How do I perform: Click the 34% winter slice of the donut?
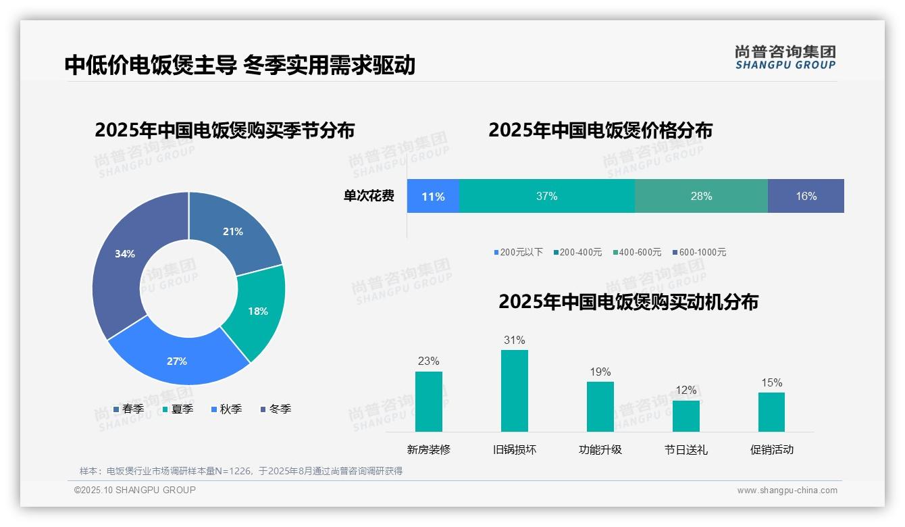125,257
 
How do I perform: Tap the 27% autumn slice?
177,360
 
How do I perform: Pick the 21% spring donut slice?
233,232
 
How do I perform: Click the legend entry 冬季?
276,409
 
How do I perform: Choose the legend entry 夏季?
178,409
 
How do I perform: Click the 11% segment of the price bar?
433,196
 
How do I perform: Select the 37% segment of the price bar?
546,196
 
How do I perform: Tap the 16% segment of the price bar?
806,196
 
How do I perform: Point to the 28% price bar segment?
701,196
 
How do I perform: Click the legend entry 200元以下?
518,252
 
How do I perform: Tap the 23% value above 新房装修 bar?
428,361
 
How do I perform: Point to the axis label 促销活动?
771,449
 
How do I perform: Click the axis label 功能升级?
600,449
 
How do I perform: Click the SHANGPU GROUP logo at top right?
785,57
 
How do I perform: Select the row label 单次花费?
369,196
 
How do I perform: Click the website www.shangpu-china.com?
787,491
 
